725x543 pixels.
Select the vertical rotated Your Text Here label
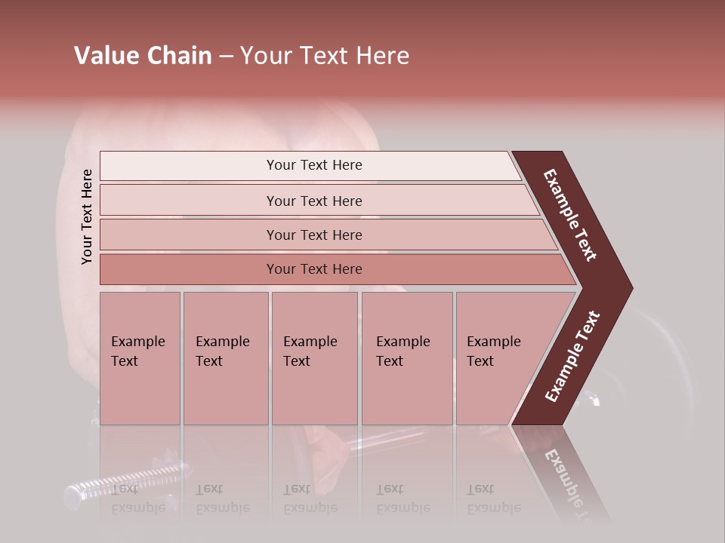point(87,216)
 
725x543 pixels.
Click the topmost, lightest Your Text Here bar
point(314,165)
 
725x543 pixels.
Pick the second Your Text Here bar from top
point(314,201)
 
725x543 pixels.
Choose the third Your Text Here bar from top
point(314,235)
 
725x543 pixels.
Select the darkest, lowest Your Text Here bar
point(314,269)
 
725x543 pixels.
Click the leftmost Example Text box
point(140,358)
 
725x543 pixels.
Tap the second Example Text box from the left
point(226,358)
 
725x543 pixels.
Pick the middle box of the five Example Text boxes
point(314,358)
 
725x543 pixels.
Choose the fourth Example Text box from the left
point(407,358)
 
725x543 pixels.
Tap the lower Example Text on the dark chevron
point(572,356)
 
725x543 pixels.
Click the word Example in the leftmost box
point(137,342)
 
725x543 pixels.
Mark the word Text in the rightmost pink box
point(480,361)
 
